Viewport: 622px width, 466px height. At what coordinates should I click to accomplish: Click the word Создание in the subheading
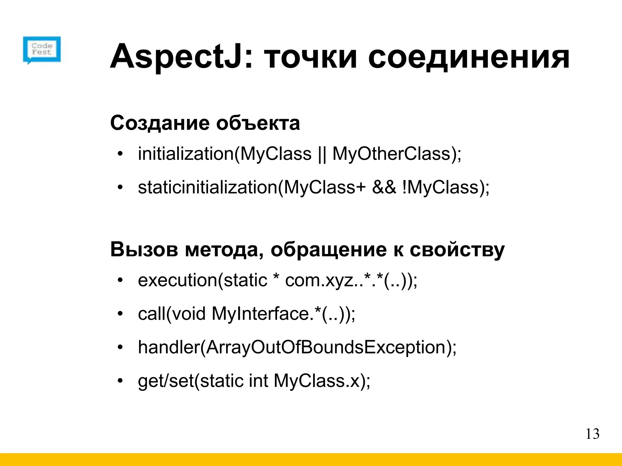[160, 123]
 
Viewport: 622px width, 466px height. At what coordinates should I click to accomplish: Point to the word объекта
[258, 123]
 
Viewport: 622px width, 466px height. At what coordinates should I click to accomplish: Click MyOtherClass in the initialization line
[392, 154]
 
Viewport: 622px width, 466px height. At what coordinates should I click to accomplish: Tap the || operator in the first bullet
[322, 154]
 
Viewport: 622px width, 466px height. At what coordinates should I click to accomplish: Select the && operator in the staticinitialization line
[384, 187]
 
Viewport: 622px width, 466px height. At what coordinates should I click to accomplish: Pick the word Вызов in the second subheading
[144, 250]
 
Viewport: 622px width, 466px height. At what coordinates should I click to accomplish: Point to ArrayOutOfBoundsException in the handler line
[326, 347]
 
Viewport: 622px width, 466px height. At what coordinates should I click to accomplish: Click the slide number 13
[592, 434]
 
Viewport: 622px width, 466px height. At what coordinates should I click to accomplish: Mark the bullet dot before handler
[121, 347]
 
